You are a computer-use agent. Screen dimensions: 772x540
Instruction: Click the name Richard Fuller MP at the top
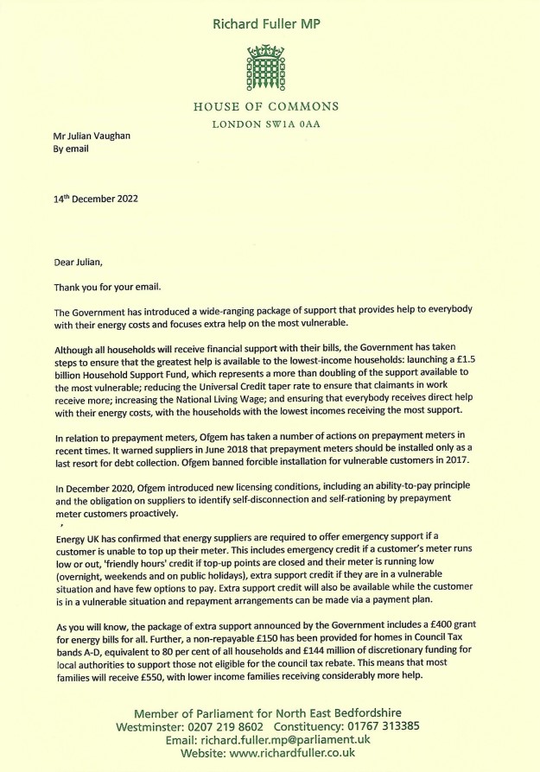(270, 23)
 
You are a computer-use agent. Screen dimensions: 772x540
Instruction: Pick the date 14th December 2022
(96, 199)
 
